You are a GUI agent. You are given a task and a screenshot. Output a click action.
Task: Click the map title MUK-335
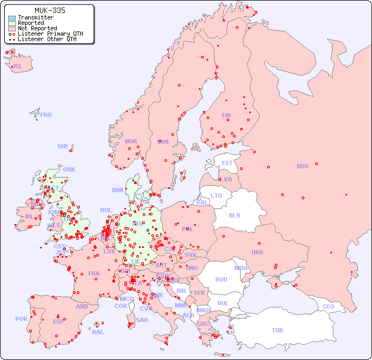coord(49,10)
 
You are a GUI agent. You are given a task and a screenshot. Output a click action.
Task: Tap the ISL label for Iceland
coord(18,67)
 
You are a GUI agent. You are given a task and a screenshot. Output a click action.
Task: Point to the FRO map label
coord(46,115)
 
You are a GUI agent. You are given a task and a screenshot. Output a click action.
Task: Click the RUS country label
coord(302,166)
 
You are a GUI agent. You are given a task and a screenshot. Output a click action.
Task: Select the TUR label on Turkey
coord(277,330)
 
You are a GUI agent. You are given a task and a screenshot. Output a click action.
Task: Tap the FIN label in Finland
coord(226,115)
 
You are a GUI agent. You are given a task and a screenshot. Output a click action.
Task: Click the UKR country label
coord(257,252)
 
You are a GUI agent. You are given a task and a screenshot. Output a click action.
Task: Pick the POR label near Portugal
coord(21,319)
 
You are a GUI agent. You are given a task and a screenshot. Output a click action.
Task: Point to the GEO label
coord(328,306)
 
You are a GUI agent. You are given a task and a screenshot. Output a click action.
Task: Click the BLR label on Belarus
coord(235,215)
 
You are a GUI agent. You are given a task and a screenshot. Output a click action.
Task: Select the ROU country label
coord(221,279)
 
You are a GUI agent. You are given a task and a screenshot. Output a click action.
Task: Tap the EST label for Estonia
coord(227,163)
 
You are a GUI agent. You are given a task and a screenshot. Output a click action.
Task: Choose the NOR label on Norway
coord(131,141)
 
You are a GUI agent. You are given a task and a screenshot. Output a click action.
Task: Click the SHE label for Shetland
coord(63,146)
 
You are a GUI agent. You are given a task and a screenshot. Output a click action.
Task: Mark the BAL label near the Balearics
coord(98,332)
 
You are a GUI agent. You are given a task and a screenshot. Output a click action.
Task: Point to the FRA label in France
coord(94,273)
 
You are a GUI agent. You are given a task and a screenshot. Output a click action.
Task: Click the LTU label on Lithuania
coord(216,195)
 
